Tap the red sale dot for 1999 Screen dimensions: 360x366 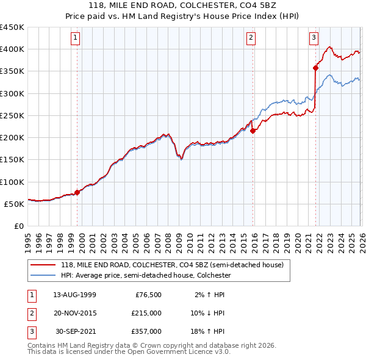[77, 192]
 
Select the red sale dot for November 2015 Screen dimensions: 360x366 [253, 131]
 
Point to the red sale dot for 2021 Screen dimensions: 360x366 [316, 68]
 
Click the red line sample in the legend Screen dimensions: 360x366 [43, 265]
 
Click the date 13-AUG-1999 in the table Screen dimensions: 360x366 [74, 294]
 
